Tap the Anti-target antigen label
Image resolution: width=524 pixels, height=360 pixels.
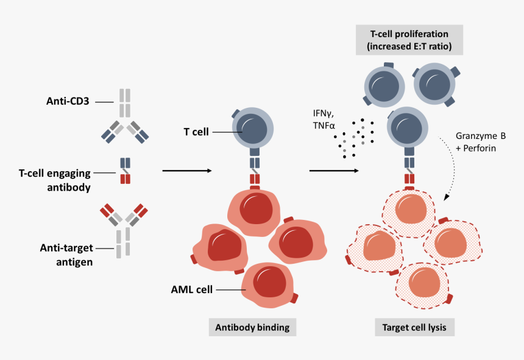point(66,255)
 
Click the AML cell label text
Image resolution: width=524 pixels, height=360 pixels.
point(192,289)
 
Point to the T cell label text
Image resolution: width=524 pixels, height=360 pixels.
point(196,132)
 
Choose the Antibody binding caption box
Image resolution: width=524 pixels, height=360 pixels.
point(252,327)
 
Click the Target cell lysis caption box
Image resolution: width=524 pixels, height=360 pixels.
point(414,327)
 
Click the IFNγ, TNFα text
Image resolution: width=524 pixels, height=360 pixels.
point(324,119)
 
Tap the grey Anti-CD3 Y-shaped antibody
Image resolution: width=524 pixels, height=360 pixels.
point(125,116)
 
